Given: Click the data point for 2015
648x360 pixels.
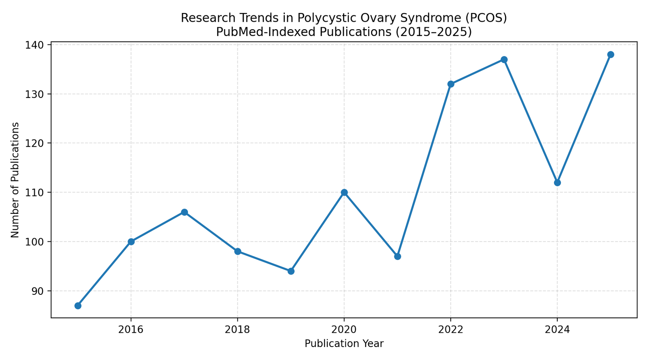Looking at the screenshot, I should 78,306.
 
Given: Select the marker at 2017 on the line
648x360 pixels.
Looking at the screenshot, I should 184,212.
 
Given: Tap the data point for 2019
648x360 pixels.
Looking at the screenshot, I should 291,271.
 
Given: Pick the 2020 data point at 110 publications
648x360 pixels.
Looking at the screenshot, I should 344,192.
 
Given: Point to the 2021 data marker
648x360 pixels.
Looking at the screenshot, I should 397,256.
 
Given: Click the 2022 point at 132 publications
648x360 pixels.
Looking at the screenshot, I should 451,84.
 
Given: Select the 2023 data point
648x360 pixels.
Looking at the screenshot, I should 504,60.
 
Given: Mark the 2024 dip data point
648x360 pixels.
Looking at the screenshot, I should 557,183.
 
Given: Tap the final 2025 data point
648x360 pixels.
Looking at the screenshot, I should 610,55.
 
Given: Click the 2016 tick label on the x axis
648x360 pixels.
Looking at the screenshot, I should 131,330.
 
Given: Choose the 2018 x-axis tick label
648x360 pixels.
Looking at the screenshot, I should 237,330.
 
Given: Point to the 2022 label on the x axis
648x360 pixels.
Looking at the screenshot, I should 451,330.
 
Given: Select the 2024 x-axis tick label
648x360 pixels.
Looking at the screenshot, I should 557,330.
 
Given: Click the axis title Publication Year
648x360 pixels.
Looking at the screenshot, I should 344,344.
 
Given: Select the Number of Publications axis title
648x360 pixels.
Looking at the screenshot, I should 15,180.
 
